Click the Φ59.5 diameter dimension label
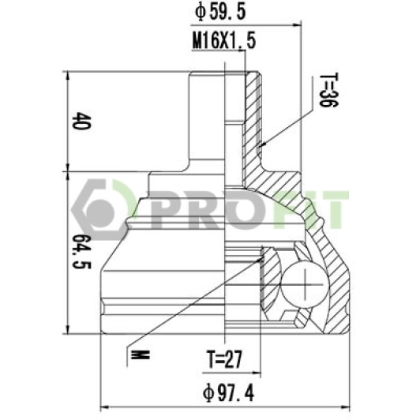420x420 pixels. [x=220, y=12]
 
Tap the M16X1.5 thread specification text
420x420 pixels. [x=224, y=40]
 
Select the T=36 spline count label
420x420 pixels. [x=328, y=90]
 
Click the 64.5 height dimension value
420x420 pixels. [x=81, y=252]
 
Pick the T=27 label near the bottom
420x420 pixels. [x=224, y=359]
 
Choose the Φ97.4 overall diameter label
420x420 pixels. [x=228, y=393]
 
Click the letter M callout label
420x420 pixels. [x=140, y=355]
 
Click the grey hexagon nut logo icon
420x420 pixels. [x=99, y=210]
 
